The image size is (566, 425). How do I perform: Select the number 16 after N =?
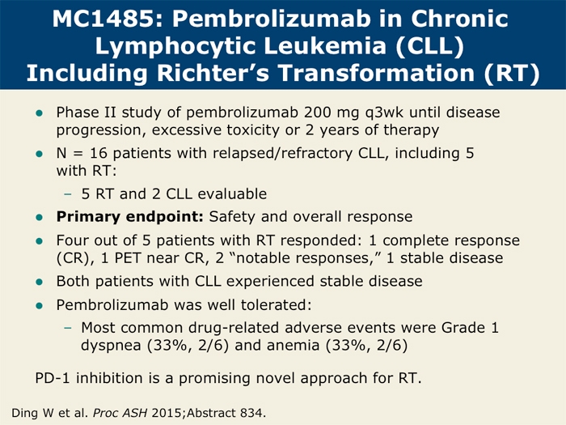point(99,153)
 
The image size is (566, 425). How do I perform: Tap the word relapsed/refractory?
point(282,154)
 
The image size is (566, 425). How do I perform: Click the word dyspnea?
point(111,346)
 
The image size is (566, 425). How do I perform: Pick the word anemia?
point(293,346)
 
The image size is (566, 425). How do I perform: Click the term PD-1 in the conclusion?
point(53,378)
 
